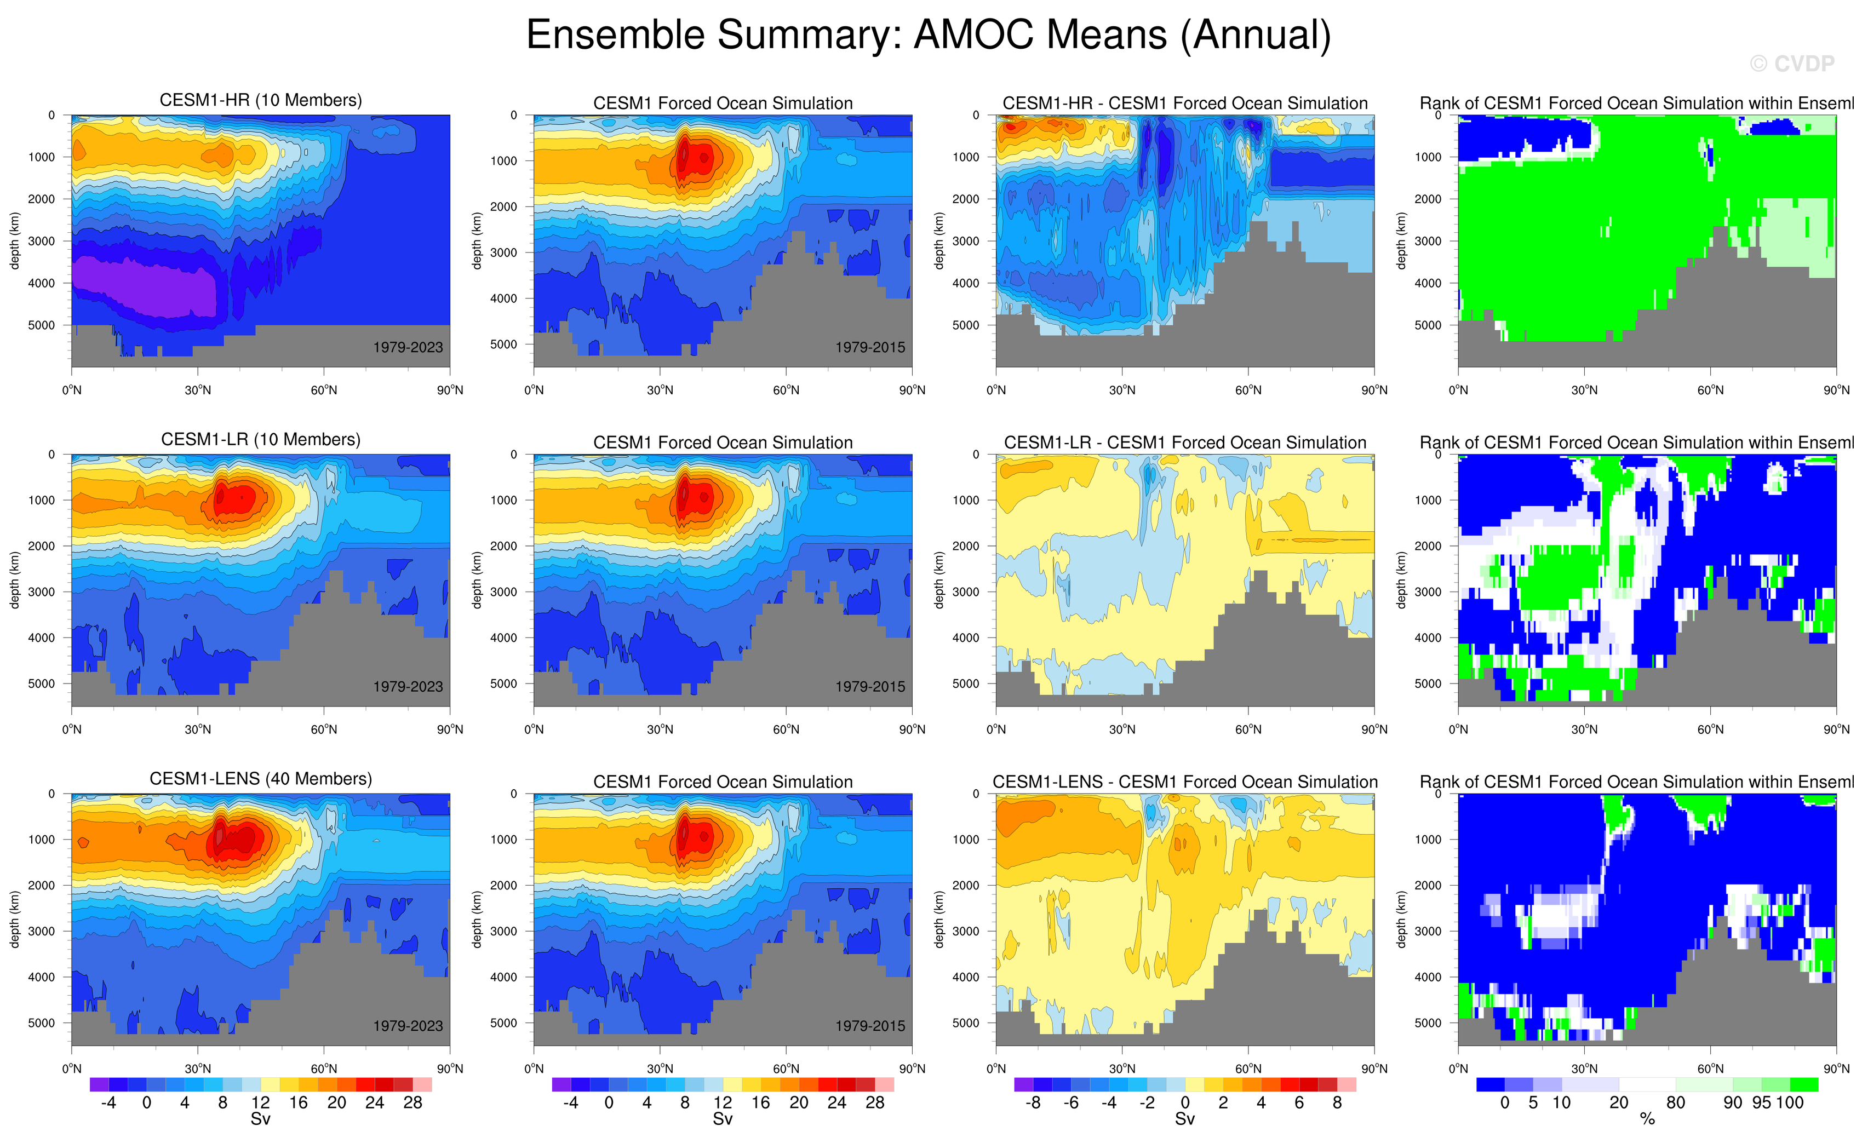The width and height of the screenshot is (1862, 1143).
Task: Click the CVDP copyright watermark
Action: coord(1792,64)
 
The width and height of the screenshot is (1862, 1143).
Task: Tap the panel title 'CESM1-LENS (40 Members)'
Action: coord(261,779)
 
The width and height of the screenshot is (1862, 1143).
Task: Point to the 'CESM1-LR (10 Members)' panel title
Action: coord(261,439)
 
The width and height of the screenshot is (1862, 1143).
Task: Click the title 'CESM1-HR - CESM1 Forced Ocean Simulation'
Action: coord(1184,103)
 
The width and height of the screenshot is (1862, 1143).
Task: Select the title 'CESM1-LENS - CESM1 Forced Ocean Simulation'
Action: coord(1184,782)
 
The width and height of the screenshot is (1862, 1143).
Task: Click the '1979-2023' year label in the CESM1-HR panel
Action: coord(408,347)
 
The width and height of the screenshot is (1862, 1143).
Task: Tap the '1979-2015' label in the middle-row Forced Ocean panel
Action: coord(869,686)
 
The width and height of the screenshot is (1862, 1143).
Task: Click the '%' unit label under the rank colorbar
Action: coord(1647,1119)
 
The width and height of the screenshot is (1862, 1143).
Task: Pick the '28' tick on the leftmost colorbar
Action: coord(412,1103)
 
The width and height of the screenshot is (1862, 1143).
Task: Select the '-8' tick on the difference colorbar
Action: coord(1033,1103)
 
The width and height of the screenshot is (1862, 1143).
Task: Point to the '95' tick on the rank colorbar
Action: coord(1761,1103)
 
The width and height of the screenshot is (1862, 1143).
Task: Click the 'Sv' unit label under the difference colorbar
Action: coord(1184,1119)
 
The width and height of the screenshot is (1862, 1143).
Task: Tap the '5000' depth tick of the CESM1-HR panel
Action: coord(42,325)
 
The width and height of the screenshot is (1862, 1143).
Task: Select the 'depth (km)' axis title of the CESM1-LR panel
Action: coord(14,580)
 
